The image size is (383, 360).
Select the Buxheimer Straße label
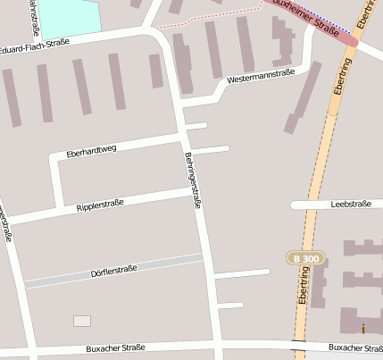[x=309, y=18]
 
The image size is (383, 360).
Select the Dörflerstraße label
[x=113, y=271]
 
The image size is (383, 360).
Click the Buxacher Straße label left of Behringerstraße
[x=115, y=347]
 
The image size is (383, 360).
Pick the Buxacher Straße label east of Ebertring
[x=354, y=347]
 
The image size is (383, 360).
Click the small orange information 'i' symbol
[x=362, y=329]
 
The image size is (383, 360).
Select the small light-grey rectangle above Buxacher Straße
[x=82, y=321]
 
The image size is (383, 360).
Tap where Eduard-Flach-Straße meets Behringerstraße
[x=161, y=31]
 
